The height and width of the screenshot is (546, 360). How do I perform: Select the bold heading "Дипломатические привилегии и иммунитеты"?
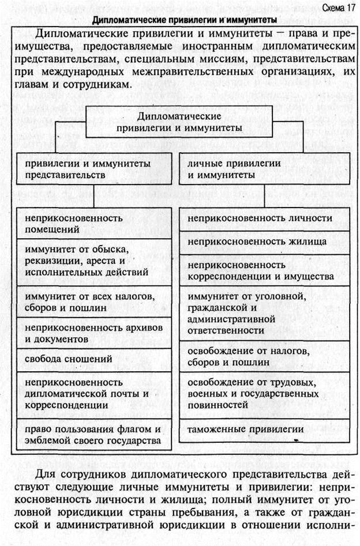(x=180, y=20)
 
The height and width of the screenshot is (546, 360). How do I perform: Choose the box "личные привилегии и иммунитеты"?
(x=264, y=168)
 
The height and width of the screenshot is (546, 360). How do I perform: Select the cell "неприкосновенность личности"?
(x=264, y=218)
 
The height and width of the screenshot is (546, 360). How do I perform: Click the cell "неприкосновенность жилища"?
(x=264, y=242)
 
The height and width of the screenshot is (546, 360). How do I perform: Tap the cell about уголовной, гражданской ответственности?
(x=264, y=313)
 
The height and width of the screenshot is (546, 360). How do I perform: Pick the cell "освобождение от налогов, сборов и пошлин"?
(x=264, y=356)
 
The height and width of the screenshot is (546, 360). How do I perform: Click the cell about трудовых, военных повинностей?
(x=264, y=393)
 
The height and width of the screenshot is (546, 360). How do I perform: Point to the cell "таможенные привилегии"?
(x=264, y=430)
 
